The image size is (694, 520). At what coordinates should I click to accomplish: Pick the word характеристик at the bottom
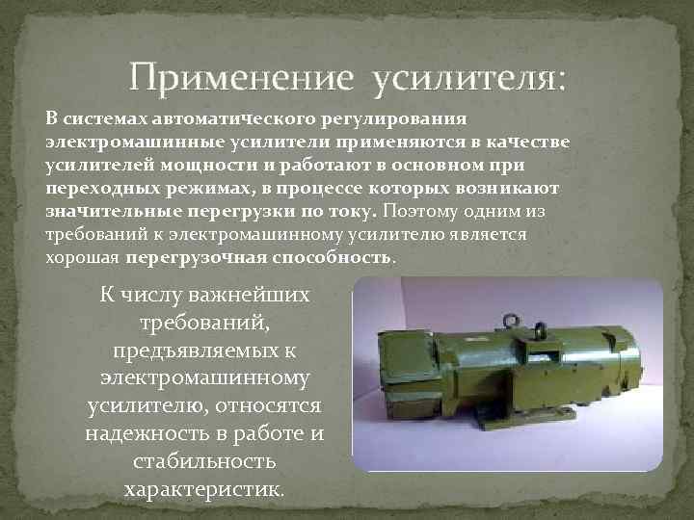[x=204, y=488]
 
